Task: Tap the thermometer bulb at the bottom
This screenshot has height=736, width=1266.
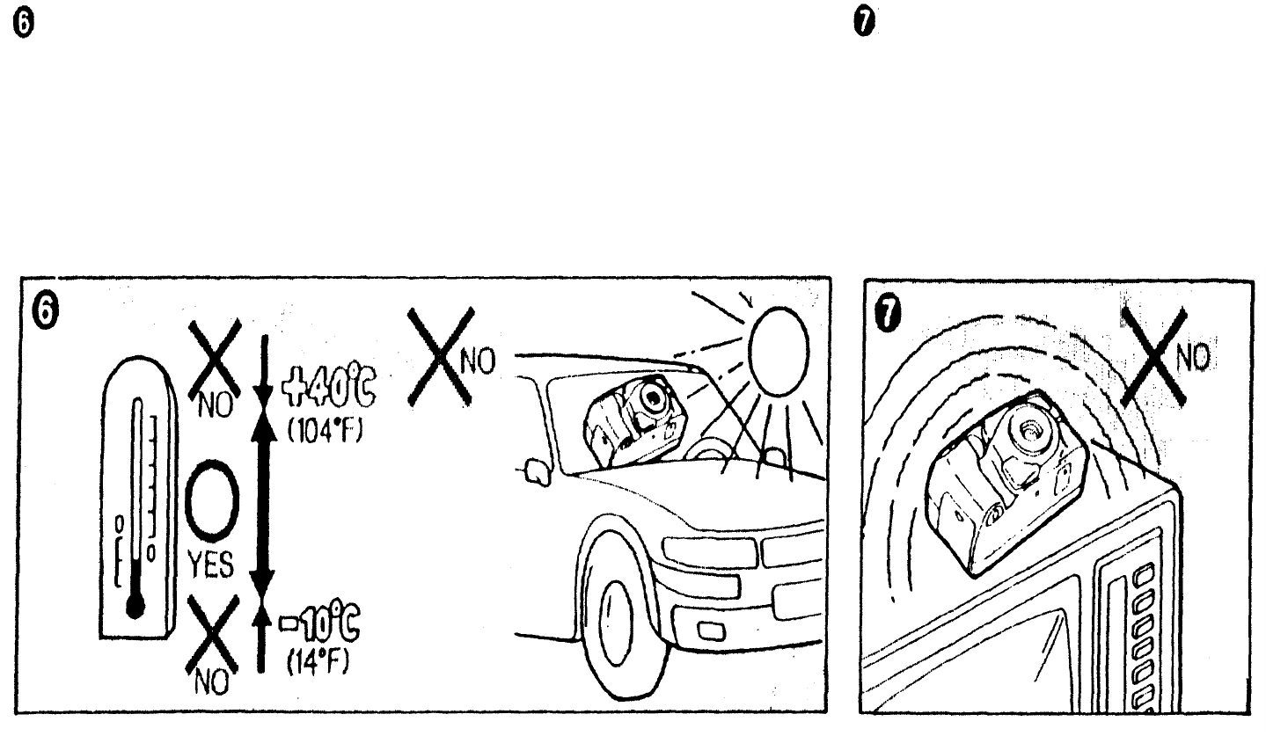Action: tap(135, 606)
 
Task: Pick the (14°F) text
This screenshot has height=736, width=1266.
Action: tap(313, 660)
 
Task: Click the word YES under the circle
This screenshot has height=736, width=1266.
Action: tap(210, 566)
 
